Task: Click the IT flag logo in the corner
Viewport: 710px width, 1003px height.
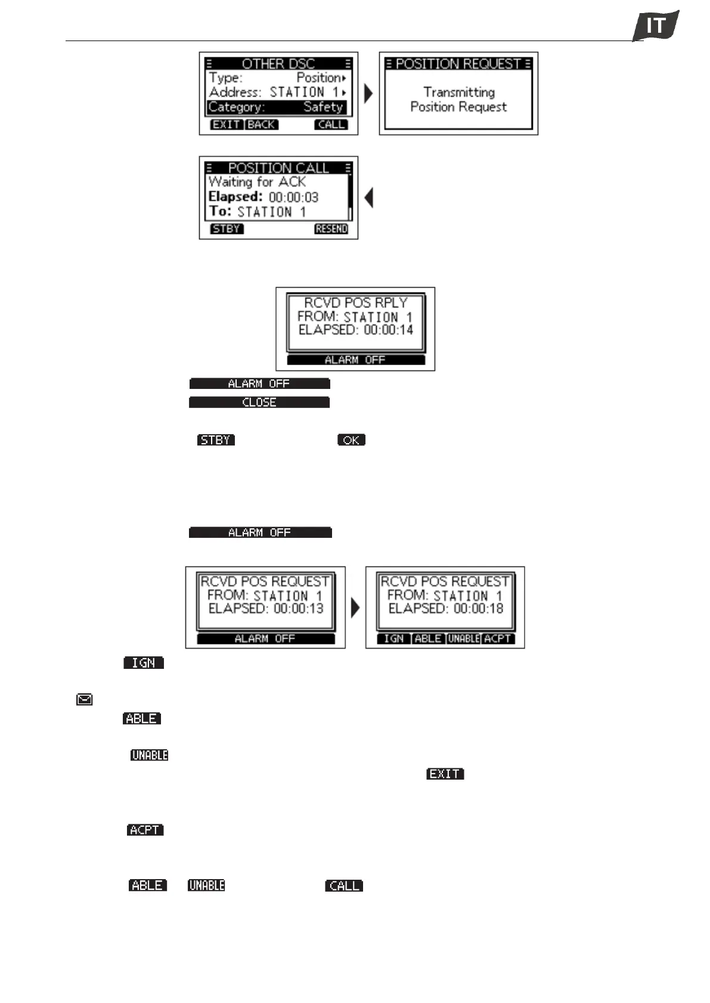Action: pyautogui.click(x=656, y=26)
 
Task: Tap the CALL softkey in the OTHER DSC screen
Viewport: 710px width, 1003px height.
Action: pyautogui.click(x=331, y=124)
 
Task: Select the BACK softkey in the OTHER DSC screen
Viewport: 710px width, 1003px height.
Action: pyautogui.click(x=262, y=124)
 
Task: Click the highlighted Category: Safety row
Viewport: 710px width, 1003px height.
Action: pyautogui.click(x=277, y=107)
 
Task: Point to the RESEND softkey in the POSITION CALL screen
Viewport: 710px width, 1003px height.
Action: pyautogui.click(x=331, y=229)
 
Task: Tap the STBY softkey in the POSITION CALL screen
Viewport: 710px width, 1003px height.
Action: pyautogui.click(x=227, y=229)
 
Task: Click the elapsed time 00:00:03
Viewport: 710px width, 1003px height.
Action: pyautogui.click(x=293, y=197)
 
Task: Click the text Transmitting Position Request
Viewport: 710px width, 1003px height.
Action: pyautogui.click(x=458, y=99)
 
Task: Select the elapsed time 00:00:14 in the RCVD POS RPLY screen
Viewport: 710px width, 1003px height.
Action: pyautogui.click(x=388, y=330)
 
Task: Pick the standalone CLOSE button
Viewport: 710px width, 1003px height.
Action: pyautogui.click(x=259, y=403)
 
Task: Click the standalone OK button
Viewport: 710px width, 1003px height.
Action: pyautogui.click(x=351, y=440)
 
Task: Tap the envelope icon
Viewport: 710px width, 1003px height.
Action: pyautogui.click(x=85, y=700)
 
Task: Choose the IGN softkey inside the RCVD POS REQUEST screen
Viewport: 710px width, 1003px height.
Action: pyautogui.click(x=393, y=638)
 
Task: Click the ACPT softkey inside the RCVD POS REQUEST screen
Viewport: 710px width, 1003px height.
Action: pyautogui.click(x=498, y=638)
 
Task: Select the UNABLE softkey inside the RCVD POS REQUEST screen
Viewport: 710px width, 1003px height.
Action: pyautogui.click(x=464, y=638)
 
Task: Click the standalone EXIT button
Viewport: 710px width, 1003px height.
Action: pyautogui.click(x=445, y=774)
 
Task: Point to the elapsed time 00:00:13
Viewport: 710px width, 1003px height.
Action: pyautogui.click(x=298, y=609)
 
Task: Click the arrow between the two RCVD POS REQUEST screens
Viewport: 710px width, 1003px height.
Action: pyautogui.click(x=356, y=608)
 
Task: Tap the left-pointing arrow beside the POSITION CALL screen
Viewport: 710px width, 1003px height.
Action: pyautogui.click(x=369, y=198)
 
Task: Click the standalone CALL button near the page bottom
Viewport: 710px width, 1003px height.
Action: pyautogui.click(x=344, y=886)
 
